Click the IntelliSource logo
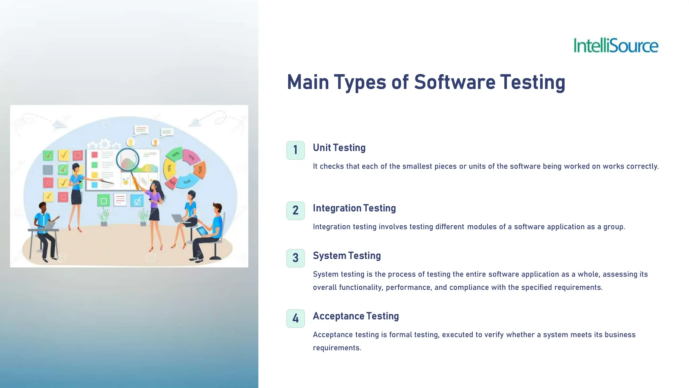pos(616,45)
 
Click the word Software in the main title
pos(455,82)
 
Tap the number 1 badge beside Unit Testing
pos(295,150)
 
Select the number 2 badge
pos(295,211)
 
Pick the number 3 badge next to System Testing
pos(295,258)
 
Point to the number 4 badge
pos(295,318)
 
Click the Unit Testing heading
pos(339,148)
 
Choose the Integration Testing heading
pos(354,208)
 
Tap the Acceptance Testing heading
pos(356,316)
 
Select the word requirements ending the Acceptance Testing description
pos(336,348)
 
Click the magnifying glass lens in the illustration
pos(128,160)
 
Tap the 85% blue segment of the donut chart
pos(187,181)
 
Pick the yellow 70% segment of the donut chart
pos(169,168)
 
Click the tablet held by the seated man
pos(202,231)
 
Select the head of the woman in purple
pos(155,186)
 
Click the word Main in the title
pos(308,82)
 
